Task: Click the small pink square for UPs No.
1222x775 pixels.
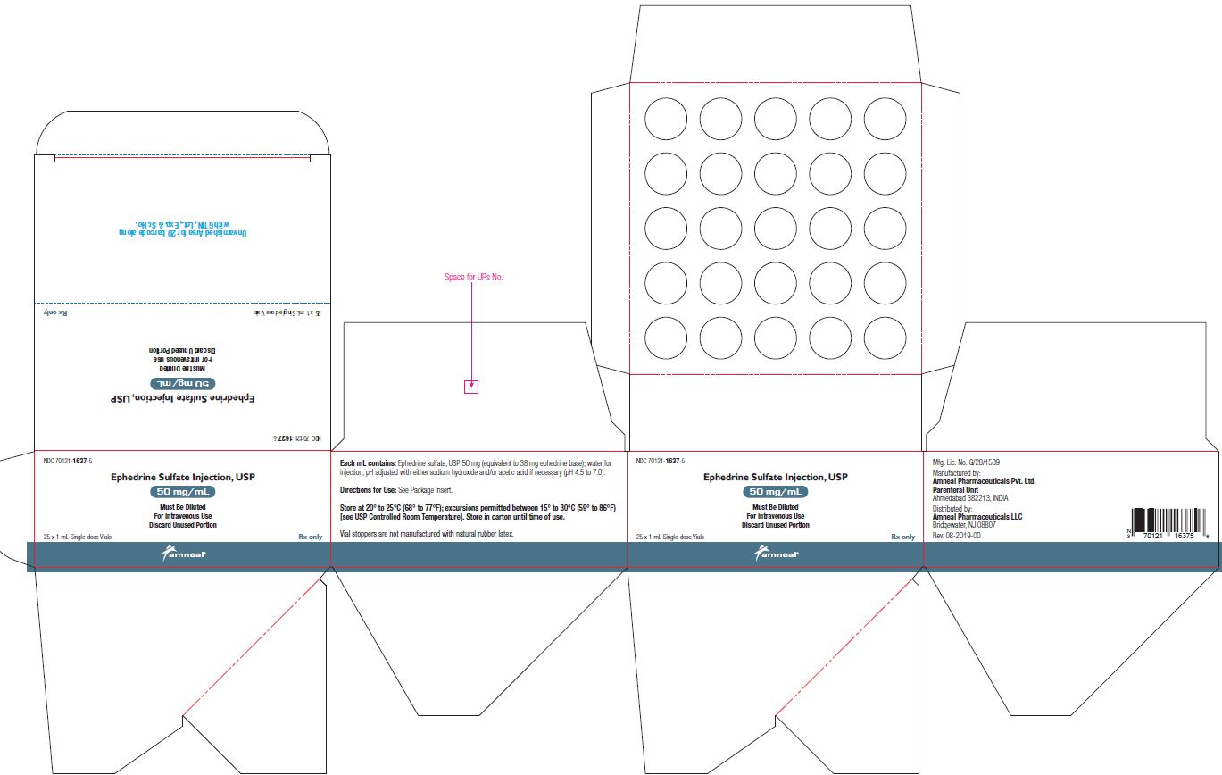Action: coord(472,387)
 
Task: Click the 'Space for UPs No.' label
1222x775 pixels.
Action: coord(474,278)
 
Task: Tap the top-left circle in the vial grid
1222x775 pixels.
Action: coord(666,118)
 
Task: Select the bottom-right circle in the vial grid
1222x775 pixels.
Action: coord(885,338)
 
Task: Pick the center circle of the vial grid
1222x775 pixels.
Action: coord(776,228)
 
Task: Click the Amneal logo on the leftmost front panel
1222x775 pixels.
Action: coord(183,554)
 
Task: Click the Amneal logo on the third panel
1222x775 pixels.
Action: coord(776,554)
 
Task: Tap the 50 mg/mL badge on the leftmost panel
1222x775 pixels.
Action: coord(182,492)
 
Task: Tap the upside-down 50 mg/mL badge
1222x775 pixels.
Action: coord(182,382)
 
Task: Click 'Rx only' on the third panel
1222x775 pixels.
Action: coord(902,537)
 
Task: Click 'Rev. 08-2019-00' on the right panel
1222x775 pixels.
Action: coord(956,535)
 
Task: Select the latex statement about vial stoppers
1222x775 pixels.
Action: coord(428,533)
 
